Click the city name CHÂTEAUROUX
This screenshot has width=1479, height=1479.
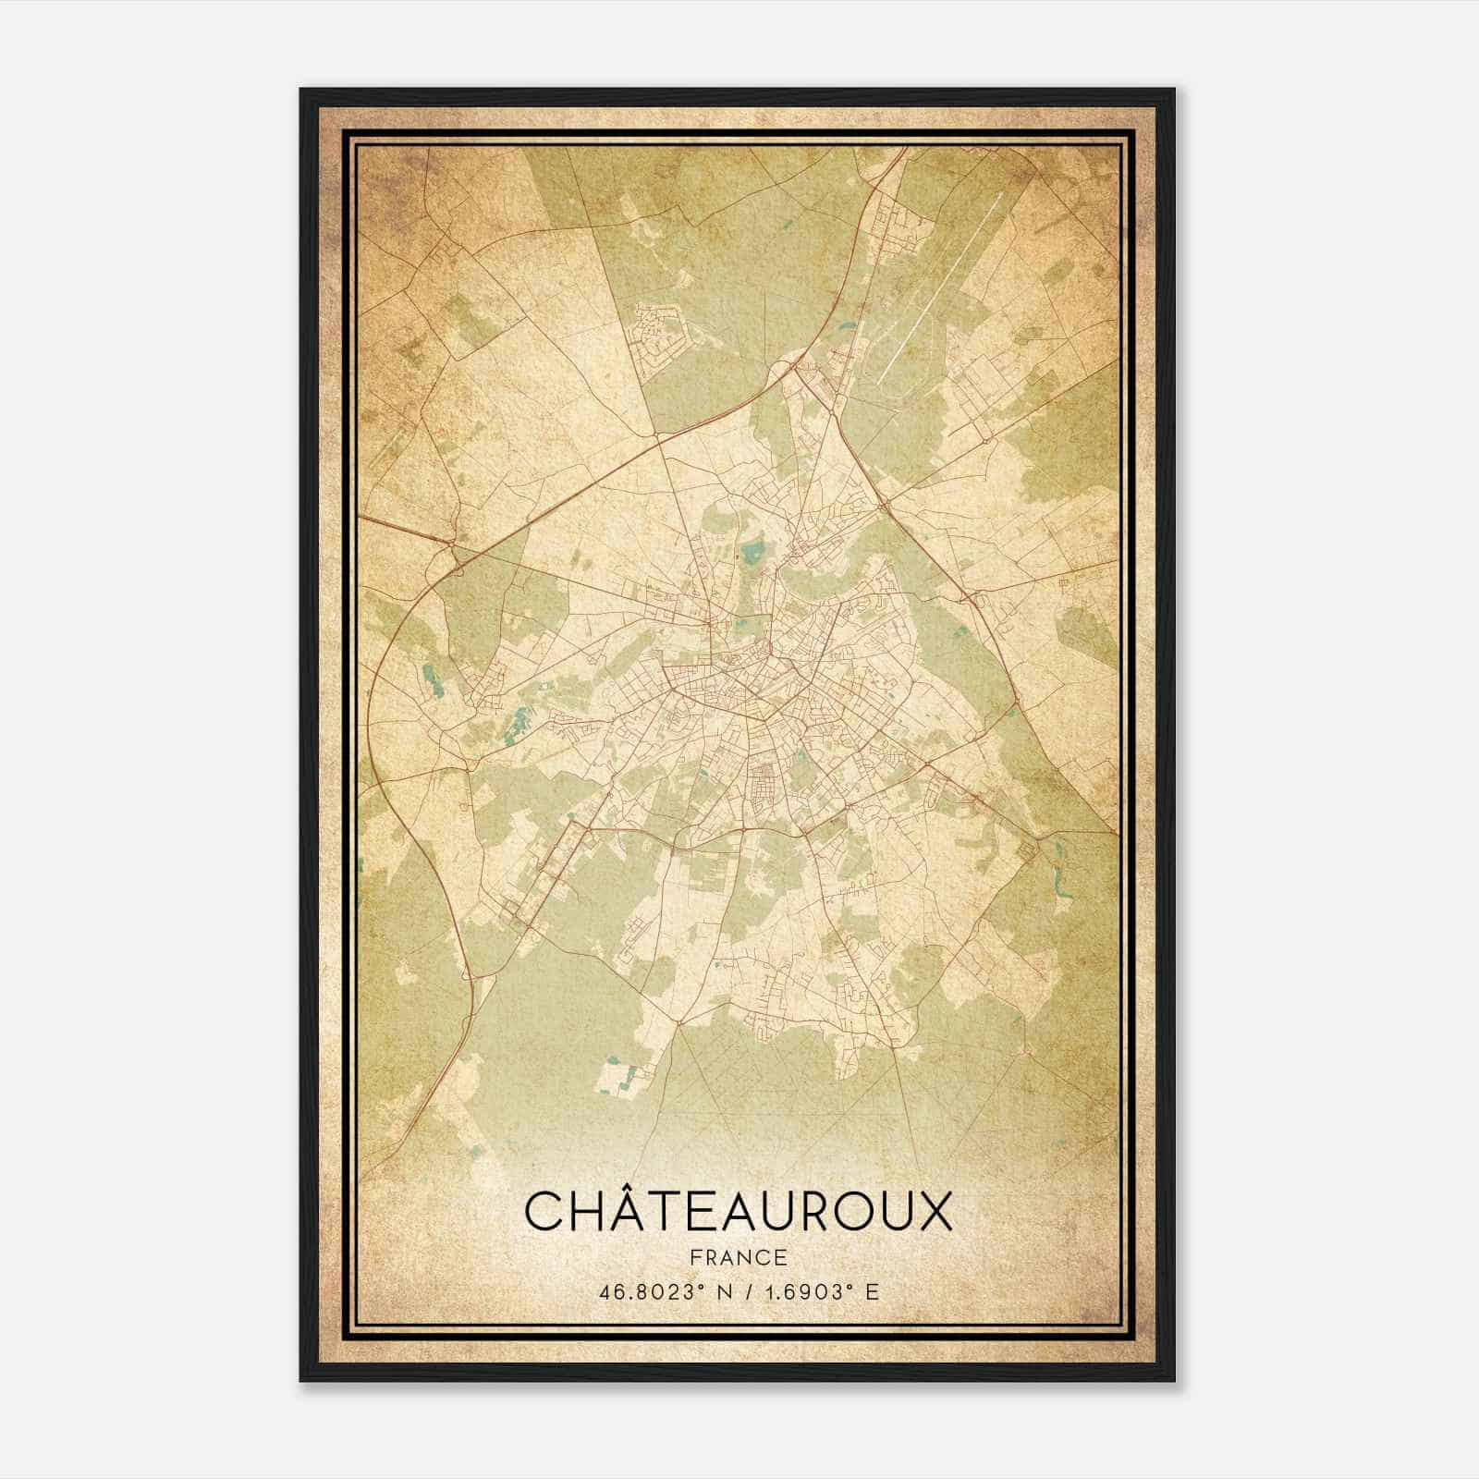click(x=738, y=1212)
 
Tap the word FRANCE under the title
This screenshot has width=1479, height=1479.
click(x=738, y=1257)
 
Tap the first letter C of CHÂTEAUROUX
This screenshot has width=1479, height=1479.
click(x=544, y=1212)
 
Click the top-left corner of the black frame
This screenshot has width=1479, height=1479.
click(x=302, y=91)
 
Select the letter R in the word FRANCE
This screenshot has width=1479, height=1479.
click(x=710, y=1257)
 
